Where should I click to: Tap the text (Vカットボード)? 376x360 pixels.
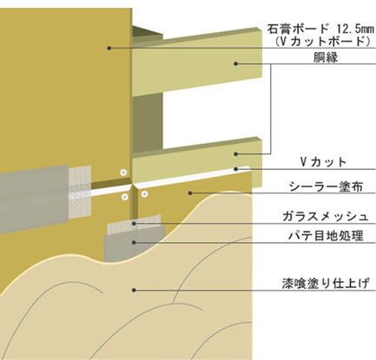click(x=323, y=42)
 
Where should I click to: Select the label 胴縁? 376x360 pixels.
click(x=326, y=58)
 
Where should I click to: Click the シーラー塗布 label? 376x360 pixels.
click(x=327, y=187)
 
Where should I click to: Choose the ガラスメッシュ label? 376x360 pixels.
click(x=326, y=217)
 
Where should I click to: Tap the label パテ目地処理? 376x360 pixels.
click(x=326, y=236)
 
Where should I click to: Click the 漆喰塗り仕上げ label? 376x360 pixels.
click(x=326, y=284)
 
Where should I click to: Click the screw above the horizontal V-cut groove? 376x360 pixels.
click(x=123, y=173)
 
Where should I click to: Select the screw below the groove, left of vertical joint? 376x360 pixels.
click(x=125, y=197)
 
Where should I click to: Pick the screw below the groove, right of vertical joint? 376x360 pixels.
click(x=144, y=193)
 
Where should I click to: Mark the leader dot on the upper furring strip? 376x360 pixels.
click(x=235, y=63)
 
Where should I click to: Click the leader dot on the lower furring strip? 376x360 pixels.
click(x=235, y=154)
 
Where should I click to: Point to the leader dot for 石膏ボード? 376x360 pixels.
click(x=109, y=48)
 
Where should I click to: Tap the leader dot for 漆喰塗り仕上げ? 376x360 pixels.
click(x=134, y=290)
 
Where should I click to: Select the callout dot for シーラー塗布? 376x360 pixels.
click(x=190, y=193)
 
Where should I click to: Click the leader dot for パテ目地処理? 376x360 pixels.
click(x=134, y=242)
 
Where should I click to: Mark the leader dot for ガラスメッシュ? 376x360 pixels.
click(x=134, y=223)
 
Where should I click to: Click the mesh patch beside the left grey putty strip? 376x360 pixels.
click(x=80, y=192)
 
